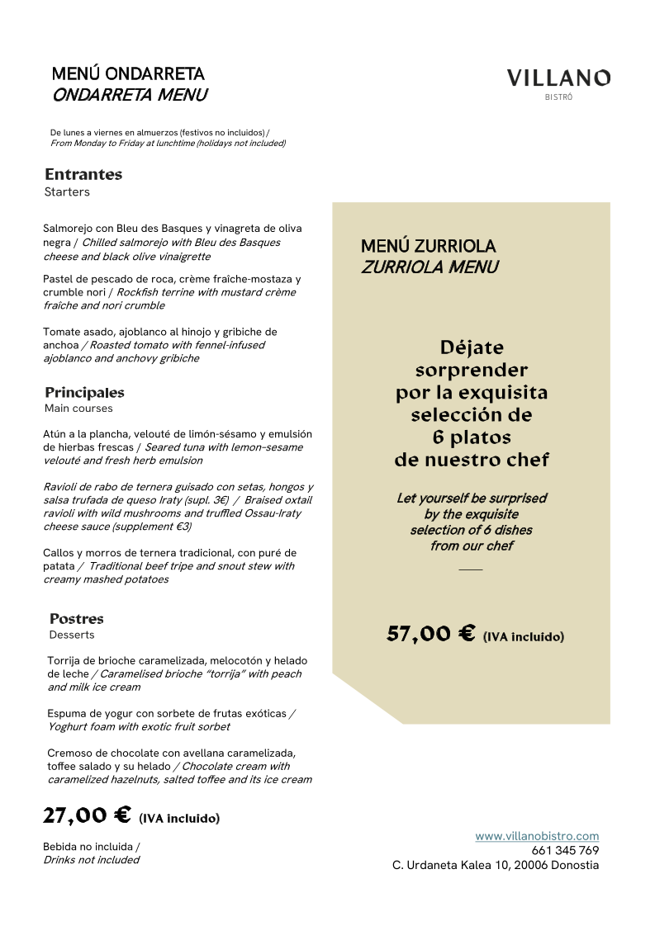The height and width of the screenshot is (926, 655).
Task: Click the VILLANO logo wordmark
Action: pos(558,78)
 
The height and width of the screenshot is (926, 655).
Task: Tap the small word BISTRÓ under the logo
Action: pos(558,97)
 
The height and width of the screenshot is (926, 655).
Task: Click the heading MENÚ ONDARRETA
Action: pos(128,74)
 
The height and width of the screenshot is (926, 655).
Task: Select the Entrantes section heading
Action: pos(83,174)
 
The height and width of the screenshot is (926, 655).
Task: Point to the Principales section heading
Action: pos(84,392)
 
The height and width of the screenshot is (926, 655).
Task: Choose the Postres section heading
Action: pos(77,618)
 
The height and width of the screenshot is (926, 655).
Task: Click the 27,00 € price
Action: pos(87,815)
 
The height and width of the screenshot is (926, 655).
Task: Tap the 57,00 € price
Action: pos(430,634)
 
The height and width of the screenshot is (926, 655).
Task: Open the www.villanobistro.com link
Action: pos(537,836)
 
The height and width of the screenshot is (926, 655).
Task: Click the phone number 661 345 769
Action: pos(565,850)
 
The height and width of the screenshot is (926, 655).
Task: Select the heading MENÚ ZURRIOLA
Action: pos(428,246)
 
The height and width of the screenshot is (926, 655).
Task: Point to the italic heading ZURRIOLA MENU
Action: pos(430,267)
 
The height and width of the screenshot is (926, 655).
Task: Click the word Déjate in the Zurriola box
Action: pos(472,347)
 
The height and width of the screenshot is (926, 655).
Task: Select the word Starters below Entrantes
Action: pos(67,192)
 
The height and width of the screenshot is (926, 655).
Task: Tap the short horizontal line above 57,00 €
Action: pos(471,569)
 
